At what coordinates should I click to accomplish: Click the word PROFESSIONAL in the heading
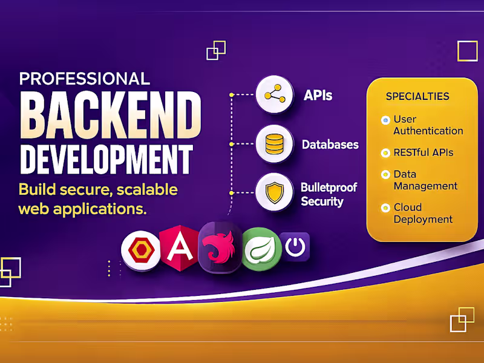[x=84, y=79]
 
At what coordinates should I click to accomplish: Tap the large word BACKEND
[x=110, y=117]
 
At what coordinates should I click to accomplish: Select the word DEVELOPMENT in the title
[x=106, y=157]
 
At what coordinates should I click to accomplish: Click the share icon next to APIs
[x=275, y=95]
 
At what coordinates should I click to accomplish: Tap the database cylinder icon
[x=275, y=144]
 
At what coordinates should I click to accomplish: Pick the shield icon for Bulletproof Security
[x=275, y=192]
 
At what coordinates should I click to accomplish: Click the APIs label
[x=318, y=96]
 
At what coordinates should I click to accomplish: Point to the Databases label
[x=330, y=145]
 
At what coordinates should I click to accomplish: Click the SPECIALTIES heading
[x=417, y=96]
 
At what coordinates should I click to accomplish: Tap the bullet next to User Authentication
[x=385, y=120]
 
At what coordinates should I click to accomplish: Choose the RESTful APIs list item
[x=423, y=152]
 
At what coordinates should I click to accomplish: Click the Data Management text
[x=425, y=180]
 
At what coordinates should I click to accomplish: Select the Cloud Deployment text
[x=423, y=213]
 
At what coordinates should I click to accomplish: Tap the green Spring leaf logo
[x=261, y=249]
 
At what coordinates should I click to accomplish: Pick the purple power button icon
[x=295, y=247]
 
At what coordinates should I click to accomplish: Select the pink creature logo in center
[x=220, y=248]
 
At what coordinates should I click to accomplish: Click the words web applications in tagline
[x=82, y=209]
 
